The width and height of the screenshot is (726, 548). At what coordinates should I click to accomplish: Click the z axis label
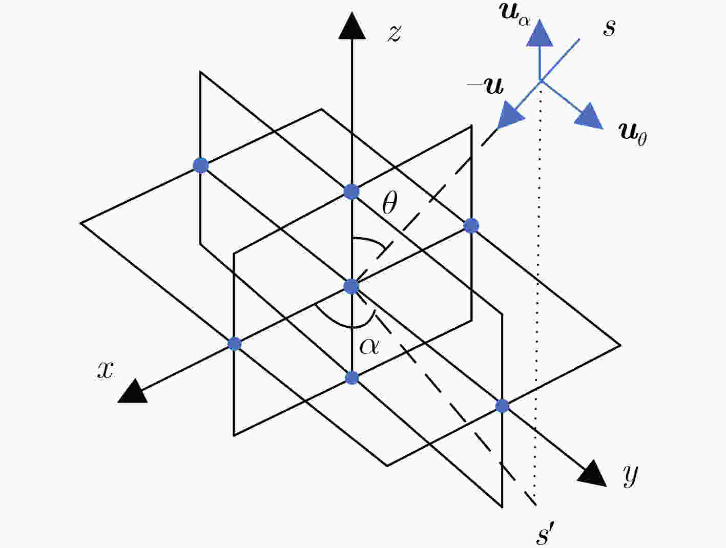pos(395,34)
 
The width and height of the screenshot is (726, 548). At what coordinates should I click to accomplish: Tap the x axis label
pos(105,370)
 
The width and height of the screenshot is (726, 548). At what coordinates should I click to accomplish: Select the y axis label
pos(630,476)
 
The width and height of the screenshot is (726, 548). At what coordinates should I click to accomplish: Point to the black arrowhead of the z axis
pos(352,26)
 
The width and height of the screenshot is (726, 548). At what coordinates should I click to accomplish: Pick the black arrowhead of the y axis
pos(593,473)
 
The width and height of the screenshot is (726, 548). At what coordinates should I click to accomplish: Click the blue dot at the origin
pos(351,286)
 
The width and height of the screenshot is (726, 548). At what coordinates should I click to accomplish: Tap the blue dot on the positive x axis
pos(235,344)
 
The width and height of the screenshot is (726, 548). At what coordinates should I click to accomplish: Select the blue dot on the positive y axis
pos(503,406)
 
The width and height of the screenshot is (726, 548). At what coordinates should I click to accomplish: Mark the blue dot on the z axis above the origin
pos(351,192)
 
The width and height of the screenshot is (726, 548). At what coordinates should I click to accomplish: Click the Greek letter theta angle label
pos(389,203)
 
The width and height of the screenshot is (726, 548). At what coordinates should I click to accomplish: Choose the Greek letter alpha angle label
pos(369,347)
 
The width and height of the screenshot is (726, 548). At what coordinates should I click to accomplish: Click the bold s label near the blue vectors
pos(609,28)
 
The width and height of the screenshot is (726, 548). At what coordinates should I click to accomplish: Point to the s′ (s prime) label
pos(545,533)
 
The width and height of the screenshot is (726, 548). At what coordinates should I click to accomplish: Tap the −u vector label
pos(486,86)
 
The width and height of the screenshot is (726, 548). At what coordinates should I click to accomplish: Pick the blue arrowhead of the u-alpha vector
pos(540,33)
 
